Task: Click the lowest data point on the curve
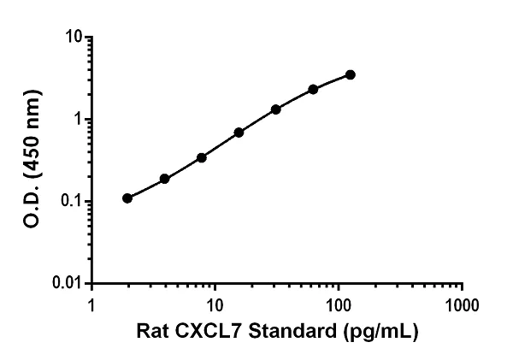pos(127,198)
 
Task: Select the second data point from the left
pos(164,179)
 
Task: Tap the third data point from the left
pos(202,157)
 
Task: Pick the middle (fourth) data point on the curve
pos(239,133)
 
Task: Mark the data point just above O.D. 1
pos(276,109)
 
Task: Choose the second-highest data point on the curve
pos(313,89)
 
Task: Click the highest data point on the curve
pos(351,75)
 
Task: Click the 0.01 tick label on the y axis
pos(69,283)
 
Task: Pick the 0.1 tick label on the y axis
pos(73,202)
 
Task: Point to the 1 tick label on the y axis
pos(80,120)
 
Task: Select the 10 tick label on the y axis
pos(76,38)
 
